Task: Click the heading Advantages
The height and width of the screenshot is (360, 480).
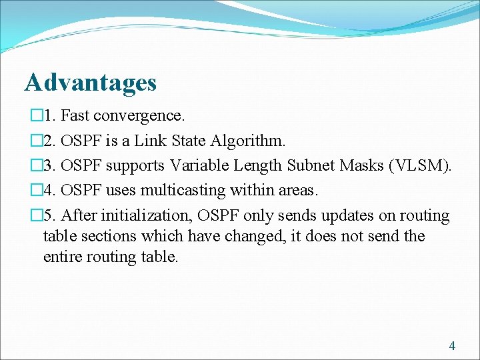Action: pos(91,83)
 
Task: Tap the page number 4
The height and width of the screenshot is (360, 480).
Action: pos(452,345)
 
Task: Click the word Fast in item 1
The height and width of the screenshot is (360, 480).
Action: pos(76,115)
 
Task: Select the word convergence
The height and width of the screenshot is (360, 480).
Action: pos(139,115)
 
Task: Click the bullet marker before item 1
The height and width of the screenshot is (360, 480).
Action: pos(35,116)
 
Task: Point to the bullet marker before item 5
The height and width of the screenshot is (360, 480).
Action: pos(35,216)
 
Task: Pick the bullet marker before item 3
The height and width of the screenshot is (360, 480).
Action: pos(35,166)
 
